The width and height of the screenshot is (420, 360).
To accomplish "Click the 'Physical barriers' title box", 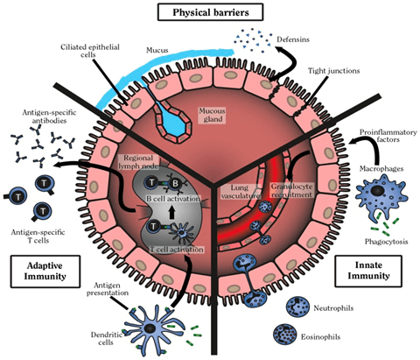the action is coord(210,12).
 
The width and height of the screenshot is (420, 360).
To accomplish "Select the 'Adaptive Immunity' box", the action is coord(45,272).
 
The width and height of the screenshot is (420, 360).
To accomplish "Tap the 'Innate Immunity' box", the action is coord(368,271).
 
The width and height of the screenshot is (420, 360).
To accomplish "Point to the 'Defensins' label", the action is coord(293,39).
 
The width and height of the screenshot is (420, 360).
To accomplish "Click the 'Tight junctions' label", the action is coord(333,71).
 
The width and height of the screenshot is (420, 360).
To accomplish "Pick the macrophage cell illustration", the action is coord(381,194).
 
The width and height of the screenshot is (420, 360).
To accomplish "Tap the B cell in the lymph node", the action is coord(175,183).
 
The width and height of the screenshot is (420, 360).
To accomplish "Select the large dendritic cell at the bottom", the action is coord(150,328).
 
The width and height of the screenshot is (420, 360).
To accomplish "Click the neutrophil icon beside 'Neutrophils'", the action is coord(297,307).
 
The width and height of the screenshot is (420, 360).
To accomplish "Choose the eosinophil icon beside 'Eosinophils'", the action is coord(284,335).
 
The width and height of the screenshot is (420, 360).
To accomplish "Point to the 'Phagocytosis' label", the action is coord(386,242).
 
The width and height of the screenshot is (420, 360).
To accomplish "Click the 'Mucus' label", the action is coord(157,50).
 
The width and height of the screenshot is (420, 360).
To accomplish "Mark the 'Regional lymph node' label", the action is coord(138,162).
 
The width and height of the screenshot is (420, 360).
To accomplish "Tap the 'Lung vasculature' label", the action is coord(240,192).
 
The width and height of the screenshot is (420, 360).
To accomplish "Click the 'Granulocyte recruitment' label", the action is coord(291,190).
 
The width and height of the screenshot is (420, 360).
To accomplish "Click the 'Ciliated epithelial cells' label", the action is coord(90,51).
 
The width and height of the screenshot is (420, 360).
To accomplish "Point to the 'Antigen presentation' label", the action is coord(108,289).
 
